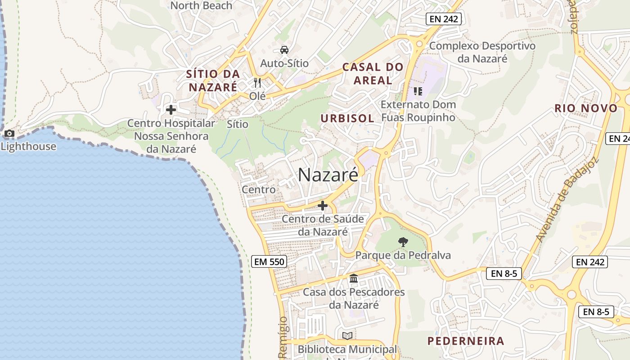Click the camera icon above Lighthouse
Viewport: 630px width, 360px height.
9,134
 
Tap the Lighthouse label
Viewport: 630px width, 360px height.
28,146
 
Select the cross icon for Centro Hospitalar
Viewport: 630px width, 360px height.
171,109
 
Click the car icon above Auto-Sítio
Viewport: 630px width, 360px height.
284,49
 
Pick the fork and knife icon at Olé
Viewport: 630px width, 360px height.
257,83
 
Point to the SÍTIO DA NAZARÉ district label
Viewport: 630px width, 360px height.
212,80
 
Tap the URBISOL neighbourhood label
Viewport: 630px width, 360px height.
347,118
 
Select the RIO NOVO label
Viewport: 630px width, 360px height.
586,108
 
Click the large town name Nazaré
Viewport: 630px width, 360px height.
328,175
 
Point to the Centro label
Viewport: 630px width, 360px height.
259,189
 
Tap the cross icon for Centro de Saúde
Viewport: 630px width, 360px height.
322,206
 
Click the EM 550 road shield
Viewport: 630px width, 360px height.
269,261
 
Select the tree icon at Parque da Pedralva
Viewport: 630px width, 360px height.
403,242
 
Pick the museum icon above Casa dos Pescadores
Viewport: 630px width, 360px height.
354,279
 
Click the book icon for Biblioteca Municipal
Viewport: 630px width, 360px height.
347,336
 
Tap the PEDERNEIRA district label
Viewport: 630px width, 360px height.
466,341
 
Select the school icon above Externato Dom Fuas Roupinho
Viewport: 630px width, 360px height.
418,91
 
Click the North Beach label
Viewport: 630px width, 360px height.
201,5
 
